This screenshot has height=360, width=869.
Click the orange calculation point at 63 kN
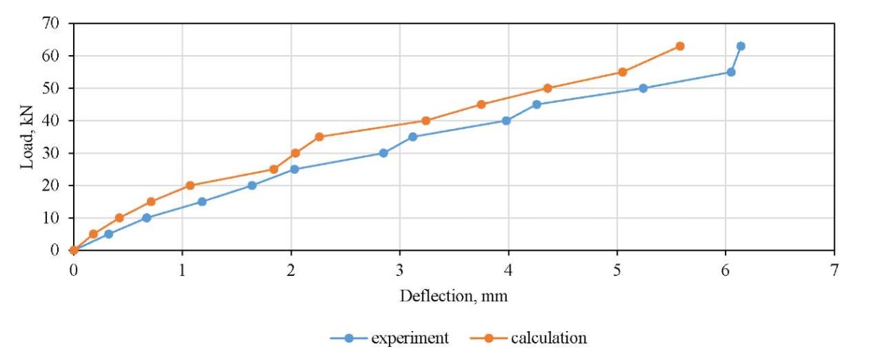coord(679,46)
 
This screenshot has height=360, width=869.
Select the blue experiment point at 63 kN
coord(740,46)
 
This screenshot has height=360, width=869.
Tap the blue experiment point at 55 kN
coord(731,72)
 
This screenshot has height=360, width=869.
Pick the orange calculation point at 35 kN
coord(319,137)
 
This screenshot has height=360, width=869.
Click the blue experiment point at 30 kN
coord(383,153)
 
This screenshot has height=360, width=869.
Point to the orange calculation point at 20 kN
coord(190,185)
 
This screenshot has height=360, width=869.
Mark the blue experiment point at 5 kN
coord(108,234)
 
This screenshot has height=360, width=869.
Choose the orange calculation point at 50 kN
coord(547,88)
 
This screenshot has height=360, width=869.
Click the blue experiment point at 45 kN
coord(537,104)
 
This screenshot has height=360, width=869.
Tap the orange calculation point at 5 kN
coord(93,234)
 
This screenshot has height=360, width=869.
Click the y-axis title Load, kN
coord(27,137)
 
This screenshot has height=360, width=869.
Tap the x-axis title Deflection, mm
coord(453,296)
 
